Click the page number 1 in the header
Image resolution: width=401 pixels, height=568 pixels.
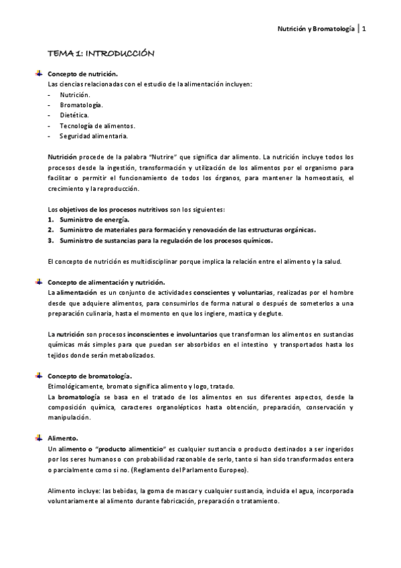pyautogui.click(x=364, y=29)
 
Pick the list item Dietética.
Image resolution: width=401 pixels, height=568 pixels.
pyautogui.click(x=74, y=115)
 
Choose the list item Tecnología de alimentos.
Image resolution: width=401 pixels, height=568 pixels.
pyautogui.click(x=97, y=126)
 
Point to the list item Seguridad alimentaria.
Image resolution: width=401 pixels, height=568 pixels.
pyautogui.click(x=93, y=136)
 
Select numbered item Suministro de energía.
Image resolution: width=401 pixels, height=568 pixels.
pyautogui.click(x=94, y=219)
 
